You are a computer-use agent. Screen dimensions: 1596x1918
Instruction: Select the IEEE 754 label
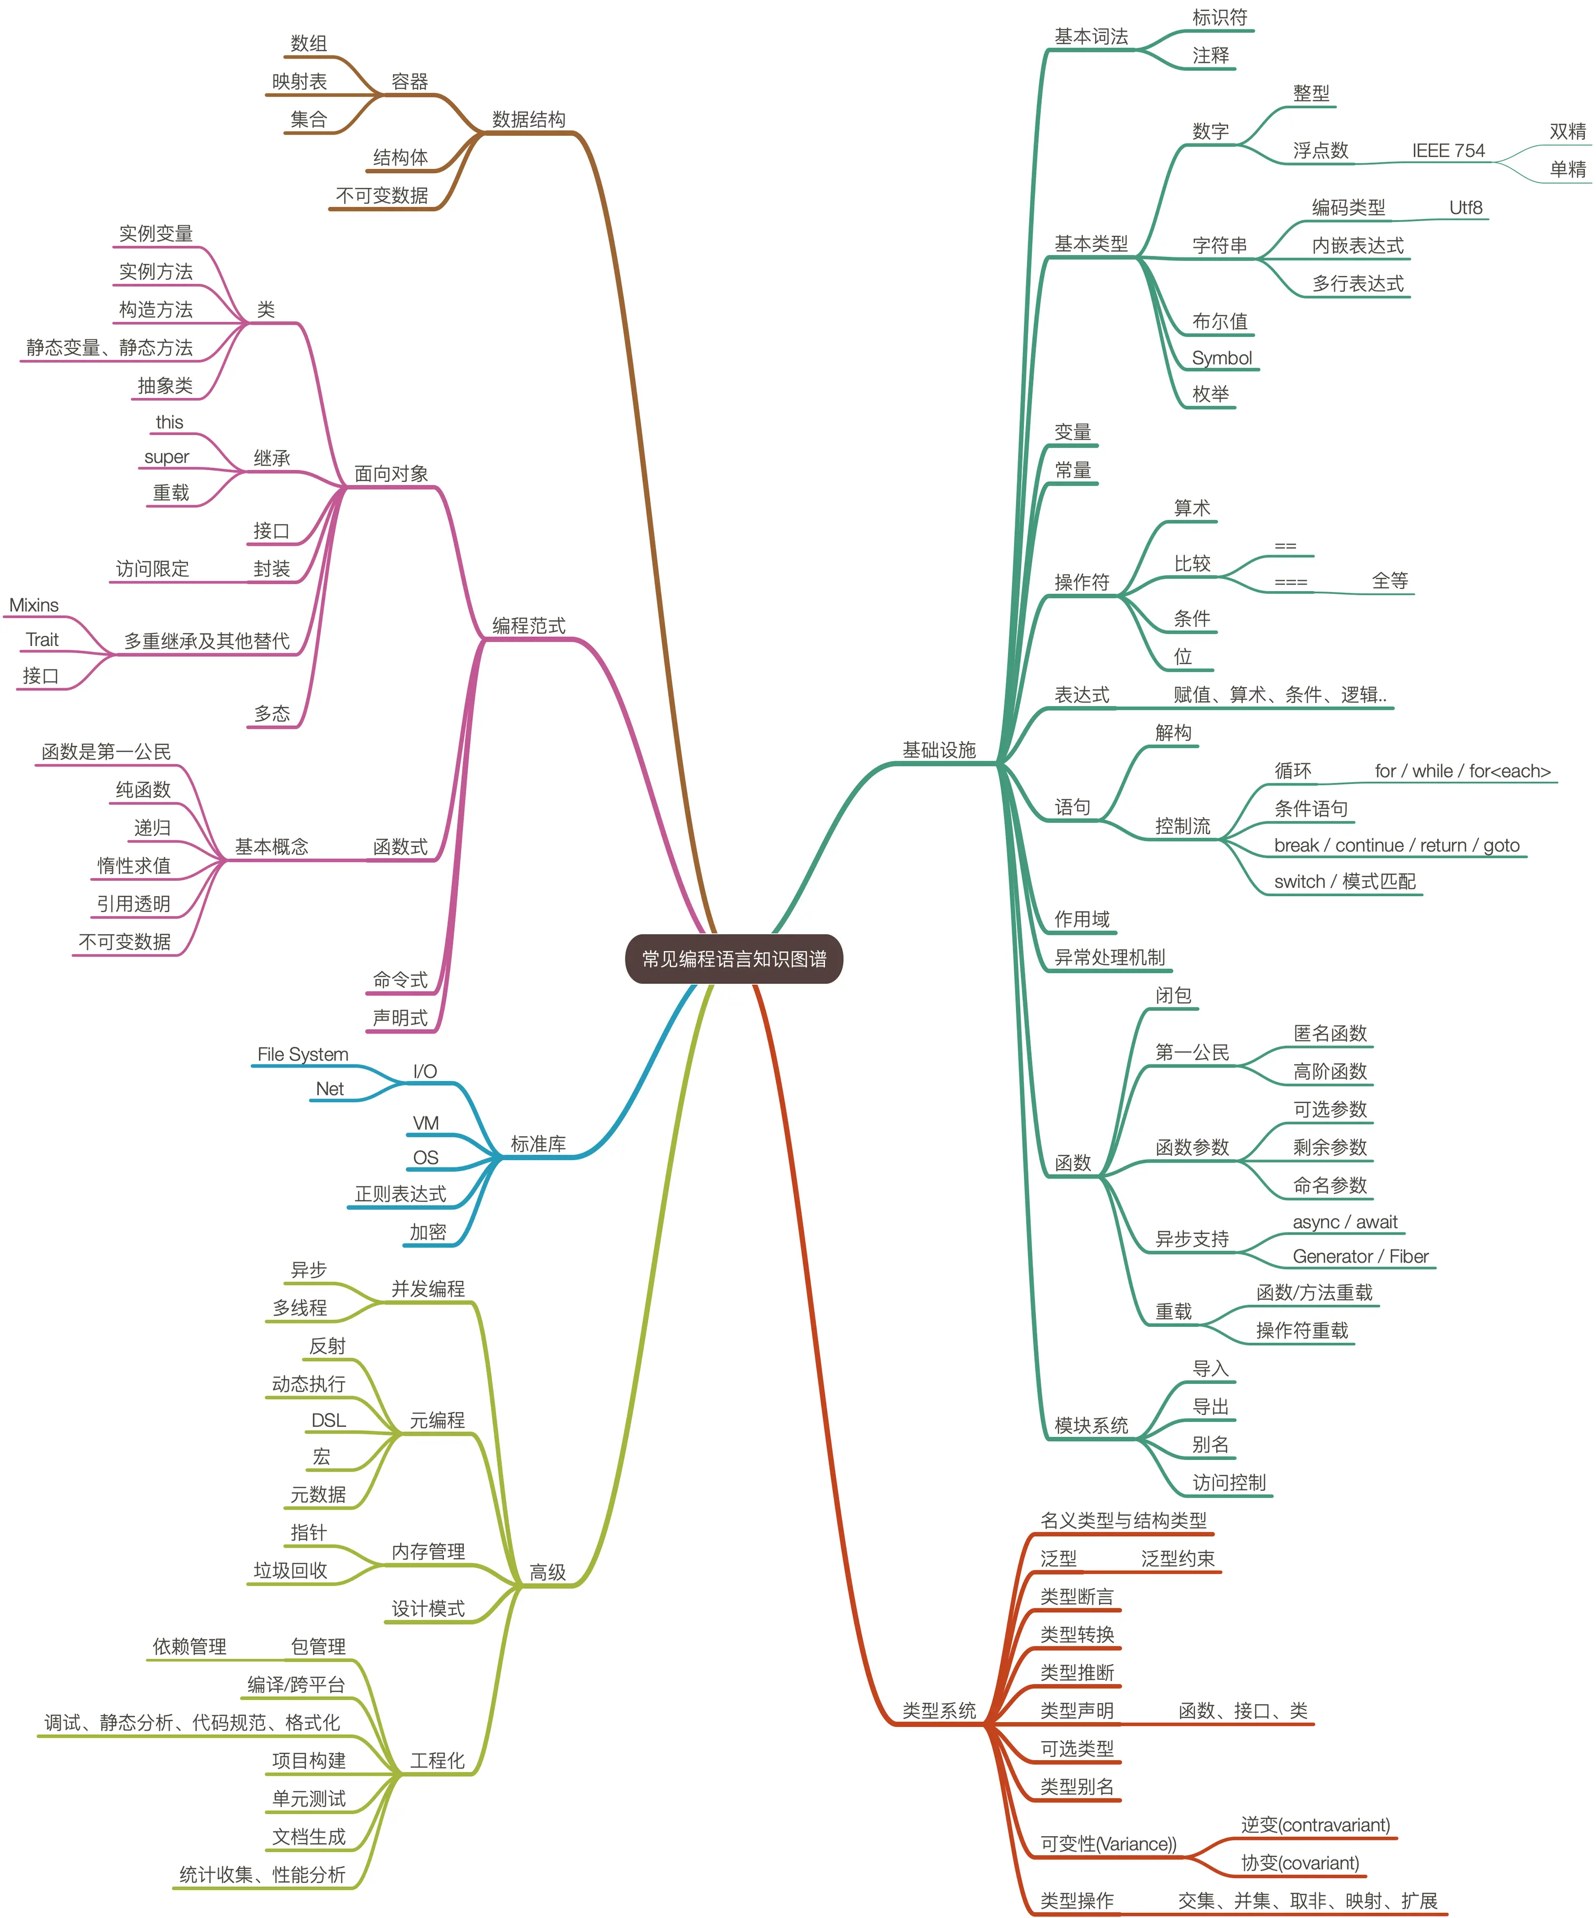[x=1448, y=151]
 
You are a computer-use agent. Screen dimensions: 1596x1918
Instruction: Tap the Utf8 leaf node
[x=1465, y=207]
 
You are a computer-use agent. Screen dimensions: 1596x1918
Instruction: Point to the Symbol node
[x=1221, y=358]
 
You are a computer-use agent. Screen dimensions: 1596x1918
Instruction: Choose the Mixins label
[x=34, y=605]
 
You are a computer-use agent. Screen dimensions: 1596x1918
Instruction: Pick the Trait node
[x=42, y=639]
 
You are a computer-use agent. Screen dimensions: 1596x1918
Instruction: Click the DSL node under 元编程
[x=328, y=1420]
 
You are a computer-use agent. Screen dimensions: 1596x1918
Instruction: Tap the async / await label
[x=1345, y=1222]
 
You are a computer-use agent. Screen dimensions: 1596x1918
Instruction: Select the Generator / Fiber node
[x=1360, y=1257]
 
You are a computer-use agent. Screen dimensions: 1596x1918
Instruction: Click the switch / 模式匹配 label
[x=1345, y=881]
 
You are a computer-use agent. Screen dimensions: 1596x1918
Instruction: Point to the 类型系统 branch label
[x=939, y=1711]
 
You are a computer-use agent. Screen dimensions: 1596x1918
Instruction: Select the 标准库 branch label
[x=538, y=1144]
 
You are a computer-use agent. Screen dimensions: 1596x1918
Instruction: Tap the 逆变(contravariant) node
[x=1316, y=1825]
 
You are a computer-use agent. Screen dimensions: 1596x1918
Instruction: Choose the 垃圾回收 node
[x=290, y=1570]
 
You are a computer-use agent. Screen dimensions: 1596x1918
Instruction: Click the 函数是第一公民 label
[x=106, y=752]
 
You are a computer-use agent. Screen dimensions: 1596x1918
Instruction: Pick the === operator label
[x=1291, y=582]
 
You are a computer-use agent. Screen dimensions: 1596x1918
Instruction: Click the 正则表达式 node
[x=400, y=1194]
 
